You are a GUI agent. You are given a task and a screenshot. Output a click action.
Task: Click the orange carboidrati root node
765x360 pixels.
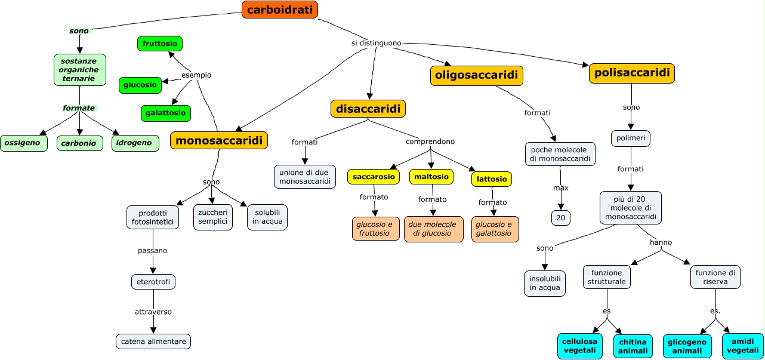point(280,10)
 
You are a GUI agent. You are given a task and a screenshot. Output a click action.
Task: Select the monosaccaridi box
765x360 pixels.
point(219,140)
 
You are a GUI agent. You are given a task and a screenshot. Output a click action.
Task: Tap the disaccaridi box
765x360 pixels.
point(368,109)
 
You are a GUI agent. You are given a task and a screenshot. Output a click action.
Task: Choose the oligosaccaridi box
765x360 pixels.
point(476,76)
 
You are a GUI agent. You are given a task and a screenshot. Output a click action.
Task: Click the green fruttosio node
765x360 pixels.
point(160,44)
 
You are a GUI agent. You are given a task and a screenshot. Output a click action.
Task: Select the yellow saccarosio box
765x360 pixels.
point(374,177)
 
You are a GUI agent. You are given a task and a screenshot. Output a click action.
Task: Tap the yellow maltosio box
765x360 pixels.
point(431,177)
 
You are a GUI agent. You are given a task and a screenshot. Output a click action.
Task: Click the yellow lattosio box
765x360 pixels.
point(492,179)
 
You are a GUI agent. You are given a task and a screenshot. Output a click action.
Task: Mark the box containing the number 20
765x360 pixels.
point(560,218)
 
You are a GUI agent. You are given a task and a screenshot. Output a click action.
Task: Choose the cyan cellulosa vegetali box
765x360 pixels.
point(579,346)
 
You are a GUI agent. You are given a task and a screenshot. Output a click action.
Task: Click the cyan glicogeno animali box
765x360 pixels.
point(687,346)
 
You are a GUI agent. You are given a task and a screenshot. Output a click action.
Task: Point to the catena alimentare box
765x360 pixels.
point(153,341)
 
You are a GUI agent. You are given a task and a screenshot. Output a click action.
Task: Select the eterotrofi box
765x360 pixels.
point(153,282)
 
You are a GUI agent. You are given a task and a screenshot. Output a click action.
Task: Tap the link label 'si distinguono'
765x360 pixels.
point(376,43)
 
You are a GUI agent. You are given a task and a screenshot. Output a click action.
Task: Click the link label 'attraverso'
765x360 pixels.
point(153,312)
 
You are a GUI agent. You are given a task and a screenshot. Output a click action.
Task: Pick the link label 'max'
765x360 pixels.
point(560,188)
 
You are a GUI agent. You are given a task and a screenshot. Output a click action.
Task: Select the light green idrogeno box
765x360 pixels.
point(135,143)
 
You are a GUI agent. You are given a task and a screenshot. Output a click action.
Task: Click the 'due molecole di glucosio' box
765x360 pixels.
point(433,229)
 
